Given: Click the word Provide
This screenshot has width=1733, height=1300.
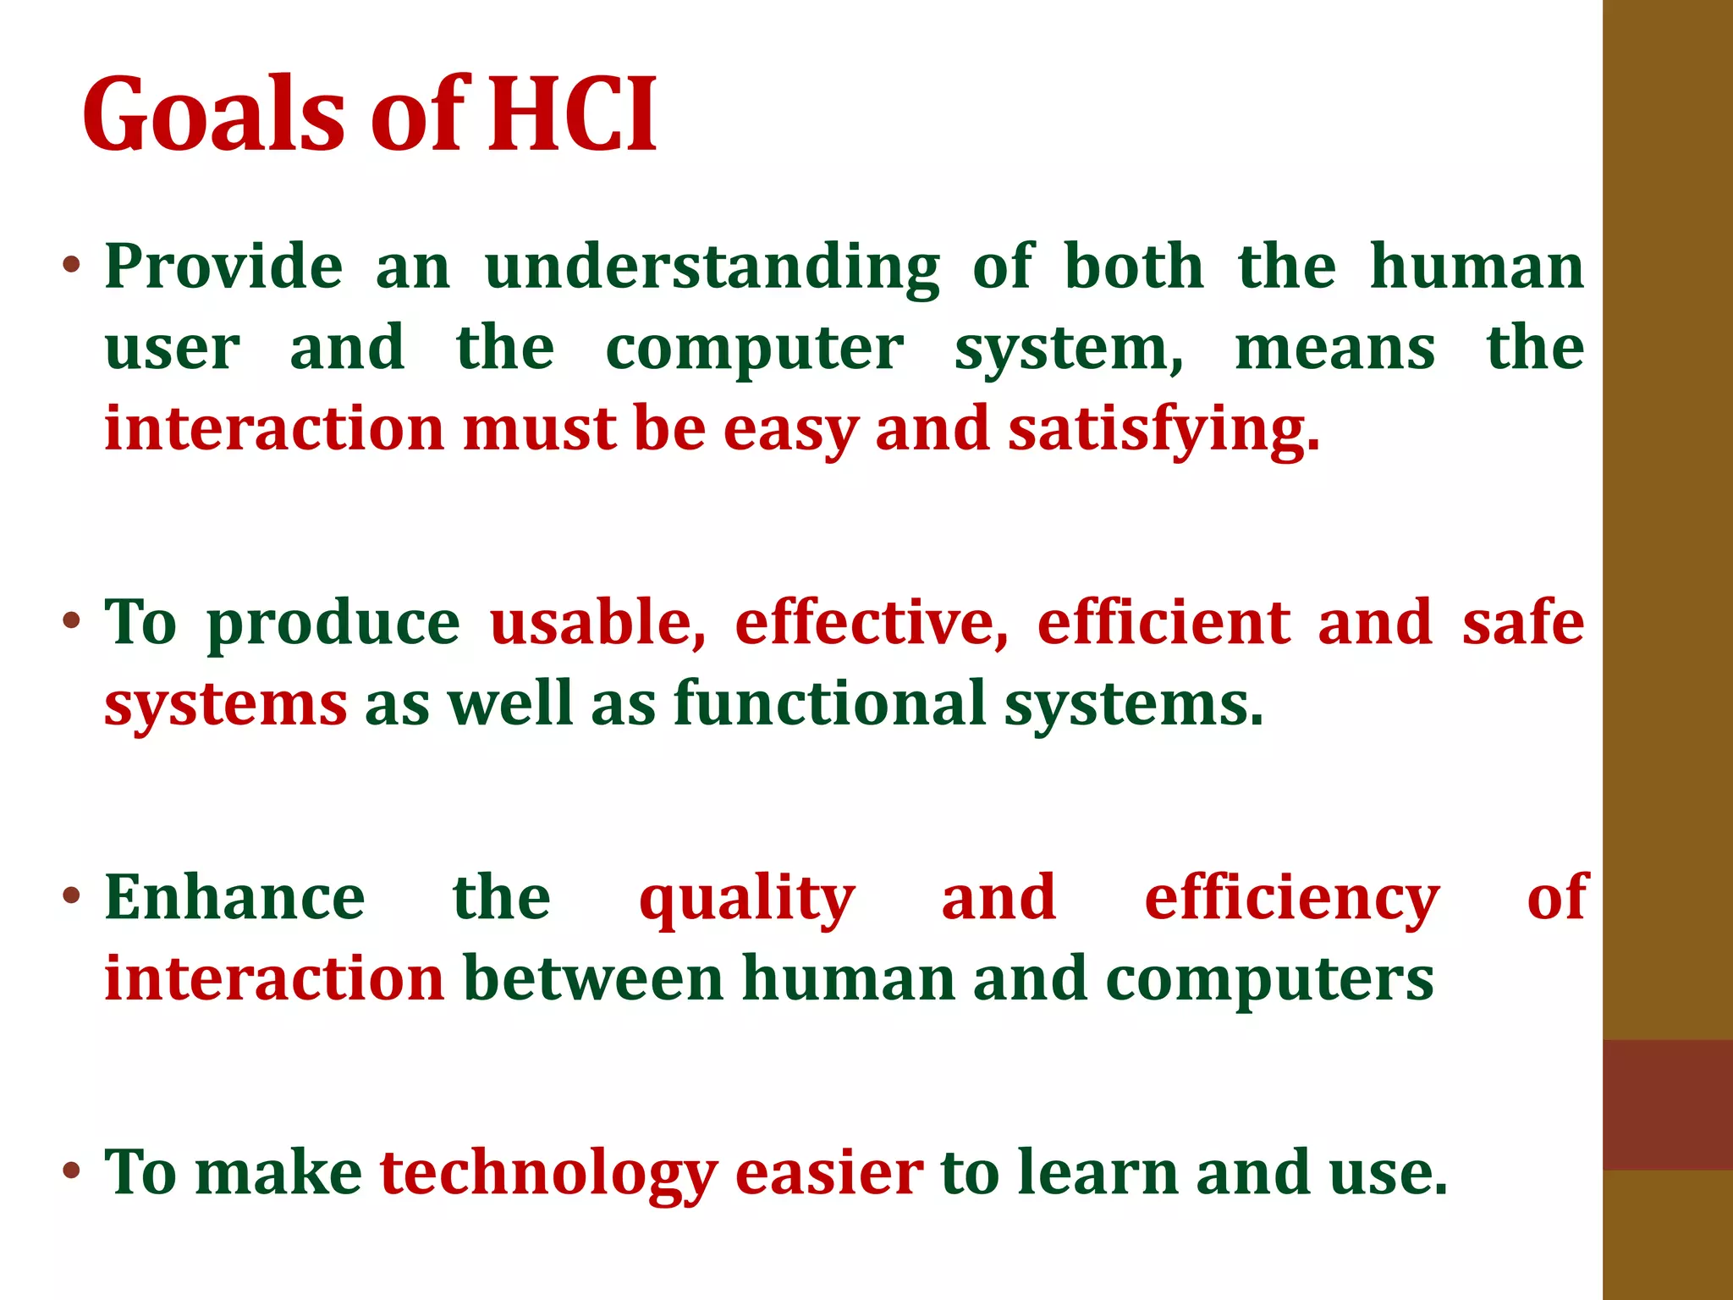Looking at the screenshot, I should click(223, 267).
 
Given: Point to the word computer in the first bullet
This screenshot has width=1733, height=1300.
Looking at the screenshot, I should click(754, 350).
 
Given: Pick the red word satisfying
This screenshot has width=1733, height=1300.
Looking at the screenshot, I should click(1163, 430).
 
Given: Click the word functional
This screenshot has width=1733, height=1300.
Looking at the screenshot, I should click(830, 704).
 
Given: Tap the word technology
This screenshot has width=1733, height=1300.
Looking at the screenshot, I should click(548, 1175).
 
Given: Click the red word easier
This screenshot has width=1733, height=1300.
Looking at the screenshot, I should click(829, 1175).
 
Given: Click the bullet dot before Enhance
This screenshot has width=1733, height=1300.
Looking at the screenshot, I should click(71, 895).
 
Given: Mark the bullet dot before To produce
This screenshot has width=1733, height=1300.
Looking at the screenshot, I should click(71, 620).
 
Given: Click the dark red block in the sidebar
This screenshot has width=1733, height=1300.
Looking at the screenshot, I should click(1667, 1104).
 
